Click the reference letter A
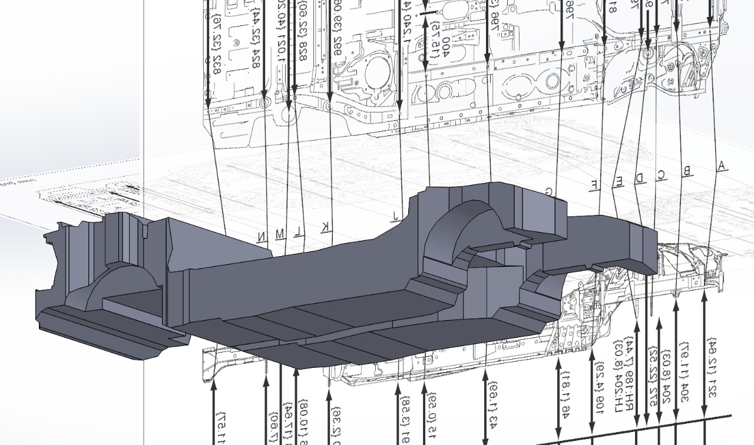click(721, 167)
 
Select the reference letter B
click(686, 171)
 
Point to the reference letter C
click(662, 174)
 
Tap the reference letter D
click(640, 178)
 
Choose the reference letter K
click(325, 228)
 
